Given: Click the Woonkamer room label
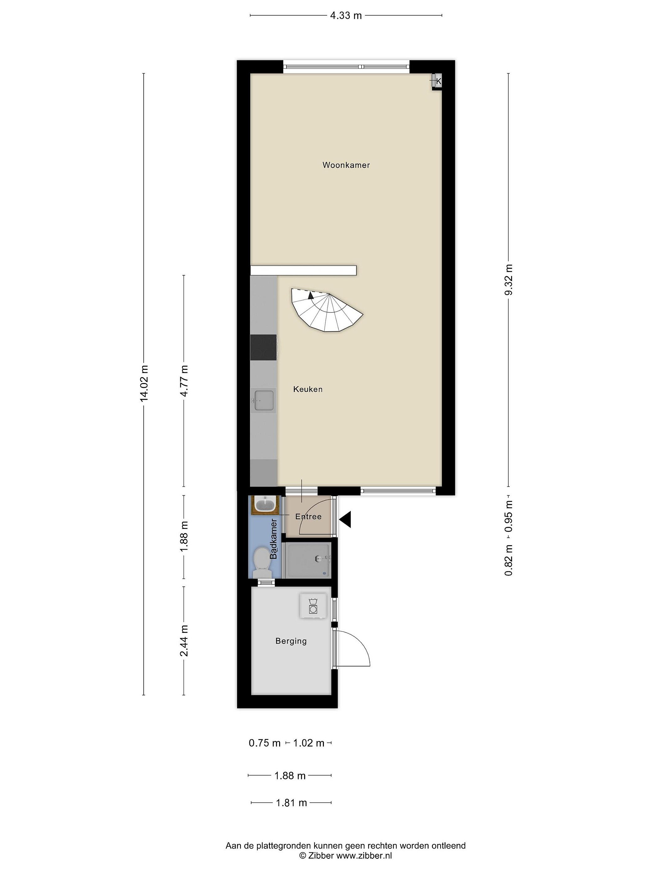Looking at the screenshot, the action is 346,165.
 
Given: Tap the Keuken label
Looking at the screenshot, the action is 308,389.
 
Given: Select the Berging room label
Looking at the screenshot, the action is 291,641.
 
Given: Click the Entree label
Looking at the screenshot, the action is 308,517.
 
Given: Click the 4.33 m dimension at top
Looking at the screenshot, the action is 346,16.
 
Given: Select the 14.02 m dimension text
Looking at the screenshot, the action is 144,383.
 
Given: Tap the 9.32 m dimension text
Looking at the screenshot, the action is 509,280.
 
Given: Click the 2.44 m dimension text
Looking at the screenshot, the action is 184,641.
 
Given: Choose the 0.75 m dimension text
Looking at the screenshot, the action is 264,743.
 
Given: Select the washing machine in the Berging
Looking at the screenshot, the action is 313,606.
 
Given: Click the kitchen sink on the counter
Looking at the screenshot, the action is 264,400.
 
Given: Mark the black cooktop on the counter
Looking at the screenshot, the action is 263,347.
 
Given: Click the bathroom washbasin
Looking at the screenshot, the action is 265,504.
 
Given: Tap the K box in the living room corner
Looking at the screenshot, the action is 437,82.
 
